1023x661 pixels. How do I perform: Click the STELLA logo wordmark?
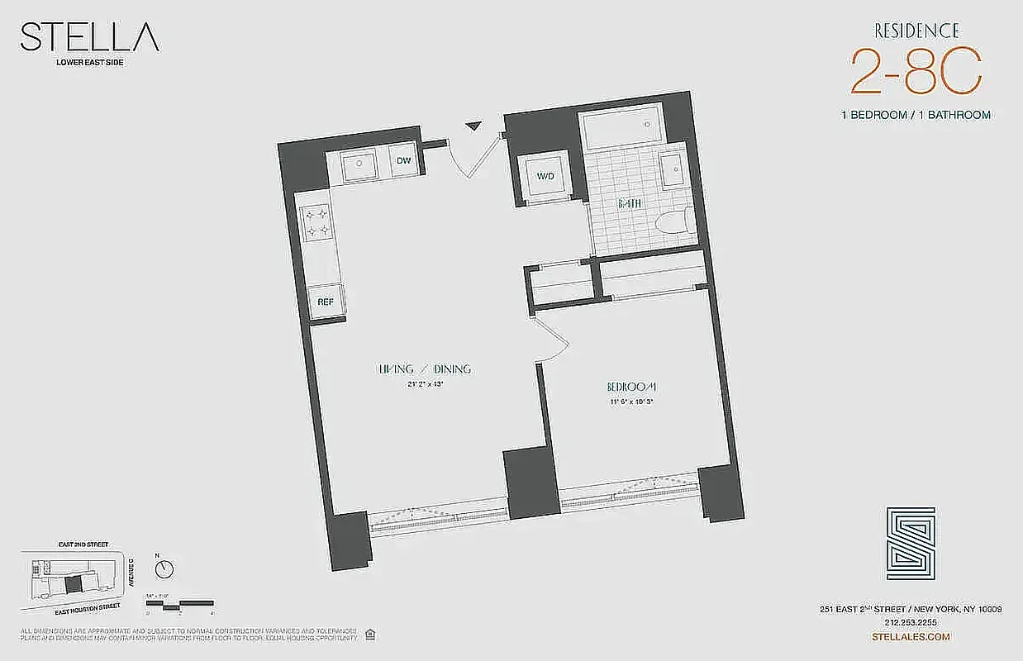(89, 38)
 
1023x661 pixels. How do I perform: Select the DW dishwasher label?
(404, 160)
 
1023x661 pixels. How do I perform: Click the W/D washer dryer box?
(545, 176)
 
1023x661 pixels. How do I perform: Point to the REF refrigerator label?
(326, 302)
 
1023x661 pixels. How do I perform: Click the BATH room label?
(630, 204)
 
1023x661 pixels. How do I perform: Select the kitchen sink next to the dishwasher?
(359, 164)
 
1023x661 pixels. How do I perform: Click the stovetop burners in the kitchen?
(318, 221)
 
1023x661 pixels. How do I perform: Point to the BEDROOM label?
(632, 387)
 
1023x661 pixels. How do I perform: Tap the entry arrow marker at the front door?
(473, 126)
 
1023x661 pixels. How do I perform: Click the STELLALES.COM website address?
(911, 636)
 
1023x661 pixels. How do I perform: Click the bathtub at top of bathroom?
(621, 130)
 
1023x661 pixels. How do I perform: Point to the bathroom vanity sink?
(673, 171)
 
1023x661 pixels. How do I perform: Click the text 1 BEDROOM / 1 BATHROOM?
(916, 115)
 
